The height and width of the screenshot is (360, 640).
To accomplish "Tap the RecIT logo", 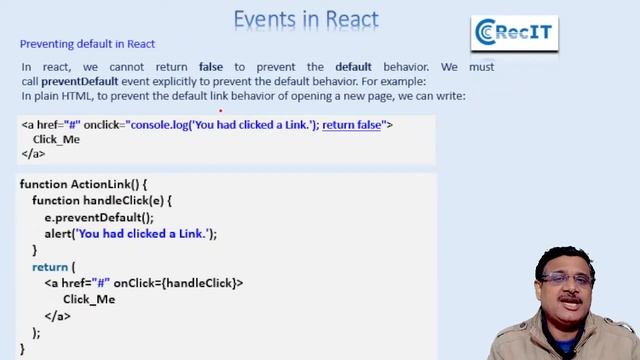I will (x=514, y=33).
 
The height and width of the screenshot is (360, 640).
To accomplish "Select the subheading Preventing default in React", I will (x=87, y=44).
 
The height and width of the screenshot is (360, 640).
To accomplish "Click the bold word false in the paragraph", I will (x=210, y=67).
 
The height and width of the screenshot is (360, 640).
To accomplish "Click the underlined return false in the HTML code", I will (x=352, y=125).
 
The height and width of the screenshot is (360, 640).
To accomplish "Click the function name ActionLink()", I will (x=109, y=186).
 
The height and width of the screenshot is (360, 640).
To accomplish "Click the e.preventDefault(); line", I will (x=99, y=217).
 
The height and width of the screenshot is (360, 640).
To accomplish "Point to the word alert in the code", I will (x=58, y=233).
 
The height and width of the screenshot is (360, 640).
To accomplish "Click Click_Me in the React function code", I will (x=89, y=299).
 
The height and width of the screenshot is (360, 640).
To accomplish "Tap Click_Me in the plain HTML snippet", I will (x=56, y=140).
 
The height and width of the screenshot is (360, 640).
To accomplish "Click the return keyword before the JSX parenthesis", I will (x=49, y=267).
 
